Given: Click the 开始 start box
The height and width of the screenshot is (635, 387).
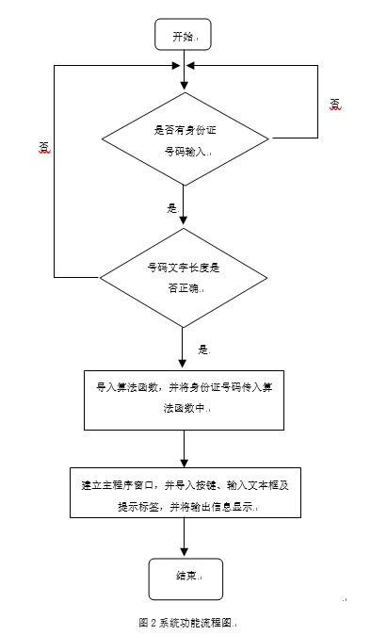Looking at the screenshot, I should click(183, 36).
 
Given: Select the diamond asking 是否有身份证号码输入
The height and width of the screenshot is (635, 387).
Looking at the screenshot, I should click(184, 138).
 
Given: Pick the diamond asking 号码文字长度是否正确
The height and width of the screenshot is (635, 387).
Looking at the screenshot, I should click(183, 277).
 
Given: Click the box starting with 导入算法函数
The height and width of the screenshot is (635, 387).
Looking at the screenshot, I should click(184, 399).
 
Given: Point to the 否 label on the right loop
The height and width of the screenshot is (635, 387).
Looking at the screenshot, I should click(335, 103).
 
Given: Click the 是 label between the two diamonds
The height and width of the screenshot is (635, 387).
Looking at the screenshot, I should click(171, 207).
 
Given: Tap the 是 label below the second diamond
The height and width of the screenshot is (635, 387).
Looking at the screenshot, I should click(202, 349).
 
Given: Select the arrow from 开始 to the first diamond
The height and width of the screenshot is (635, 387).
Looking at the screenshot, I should click(183, 72).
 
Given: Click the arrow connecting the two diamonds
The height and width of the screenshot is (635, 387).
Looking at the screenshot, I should click(183, 206).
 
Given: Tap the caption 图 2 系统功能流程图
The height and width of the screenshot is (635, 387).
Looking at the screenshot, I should click(186, 623).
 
